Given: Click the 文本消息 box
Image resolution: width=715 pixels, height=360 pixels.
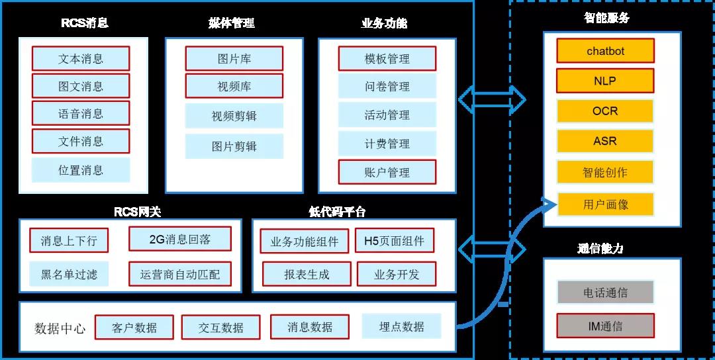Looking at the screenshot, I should pyautogui.click(x=81, y=58).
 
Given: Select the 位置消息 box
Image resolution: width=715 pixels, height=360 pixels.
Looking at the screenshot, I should pyautogui.click(x=81, y=170).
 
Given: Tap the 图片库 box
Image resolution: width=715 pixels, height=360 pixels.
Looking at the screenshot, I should pyautogui.click(x=234, y=58).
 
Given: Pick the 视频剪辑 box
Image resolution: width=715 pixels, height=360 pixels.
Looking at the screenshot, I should pyautogui.click(x=234, y=116).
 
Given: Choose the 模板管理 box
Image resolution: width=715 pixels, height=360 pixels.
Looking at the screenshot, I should pyautogui.click(x=387, y=58).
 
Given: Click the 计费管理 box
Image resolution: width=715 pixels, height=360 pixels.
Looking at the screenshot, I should pyautogui.click(x=387, y=144).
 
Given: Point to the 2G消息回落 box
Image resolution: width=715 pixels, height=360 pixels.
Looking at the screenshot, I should pyautogui.click(x=180, y=239).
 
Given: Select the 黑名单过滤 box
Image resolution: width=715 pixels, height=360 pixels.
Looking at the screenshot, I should pyautogui.click(x=69, y=273).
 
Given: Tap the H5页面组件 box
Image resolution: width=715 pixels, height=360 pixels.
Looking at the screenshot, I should pyautogui.click(x=395, y=240).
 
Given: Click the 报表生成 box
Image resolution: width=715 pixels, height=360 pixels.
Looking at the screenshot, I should pyautogui.click(x=307, y=274).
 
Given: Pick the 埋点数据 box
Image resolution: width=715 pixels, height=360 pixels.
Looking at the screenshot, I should pyautogui.click(x=401, y=326).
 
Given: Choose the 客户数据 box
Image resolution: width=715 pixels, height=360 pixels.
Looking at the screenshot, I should pyautogui.click(x=134, y=327).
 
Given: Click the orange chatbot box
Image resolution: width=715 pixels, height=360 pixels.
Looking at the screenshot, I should pyautogui.click(x=605, y=51).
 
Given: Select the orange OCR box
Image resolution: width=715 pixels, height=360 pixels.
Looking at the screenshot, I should pyautogui.click(x=605, y=111).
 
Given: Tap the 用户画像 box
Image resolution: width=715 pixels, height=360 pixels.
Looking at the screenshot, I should pyautogui.click(x=605, y=204).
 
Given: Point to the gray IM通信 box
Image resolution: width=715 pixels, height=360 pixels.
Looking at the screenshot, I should pyautogui.click(x=605, y=326).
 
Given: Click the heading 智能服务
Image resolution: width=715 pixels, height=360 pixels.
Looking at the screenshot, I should pyautogui.click(x=606, y=18).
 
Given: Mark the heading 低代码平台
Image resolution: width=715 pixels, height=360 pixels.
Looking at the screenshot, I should pyautogui.click(x=337, y=212).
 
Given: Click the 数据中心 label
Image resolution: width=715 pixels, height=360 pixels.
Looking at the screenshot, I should pyautogui.click(x=60, y=328).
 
